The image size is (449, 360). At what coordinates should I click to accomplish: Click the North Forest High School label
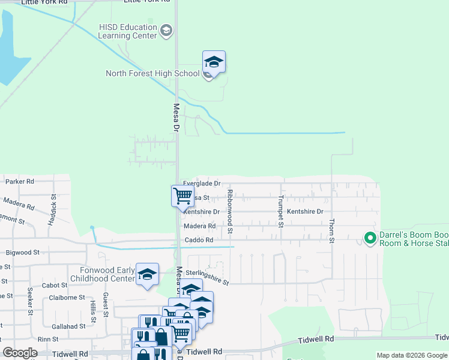tap(152, 74)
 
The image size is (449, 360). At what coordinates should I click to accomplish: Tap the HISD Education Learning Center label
tap(128, 31)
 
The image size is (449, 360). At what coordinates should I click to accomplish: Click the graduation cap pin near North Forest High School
tap(214, 62)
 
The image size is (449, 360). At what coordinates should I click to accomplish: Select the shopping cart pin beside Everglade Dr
tap(182, 196)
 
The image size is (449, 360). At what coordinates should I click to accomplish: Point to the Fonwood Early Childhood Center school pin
tap(147, 274)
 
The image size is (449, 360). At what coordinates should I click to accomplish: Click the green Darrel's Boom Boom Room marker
tap(370, 239)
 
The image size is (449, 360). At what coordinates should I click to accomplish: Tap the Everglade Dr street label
tap(202, 184)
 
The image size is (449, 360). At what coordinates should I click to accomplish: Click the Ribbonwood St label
tap(230, 212)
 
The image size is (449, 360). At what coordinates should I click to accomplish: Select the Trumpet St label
tap(280, 212)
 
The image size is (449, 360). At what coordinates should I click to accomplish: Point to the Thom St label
tap(331, 230)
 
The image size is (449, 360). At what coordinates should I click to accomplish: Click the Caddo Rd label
tap(199, 241)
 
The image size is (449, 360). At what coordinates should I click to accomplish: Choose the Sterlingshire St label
tap(207, 277)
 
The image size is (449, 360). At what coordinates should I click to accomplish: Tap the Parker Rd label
tap(20, 181)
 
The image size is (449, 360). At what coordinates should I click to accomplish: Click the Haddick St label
tap(53, 209)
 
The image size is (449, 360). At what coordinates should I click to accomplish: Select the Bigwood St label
tap(22, 253)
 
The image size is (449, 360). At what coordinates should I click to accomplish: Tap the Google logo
tap(20, 353)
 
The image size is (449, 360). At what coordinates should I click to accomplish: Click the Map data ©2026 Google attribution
tap(411, 356)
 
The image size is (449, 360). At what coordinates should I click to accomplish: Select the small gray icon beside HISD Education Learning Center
tap(166, 31)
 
